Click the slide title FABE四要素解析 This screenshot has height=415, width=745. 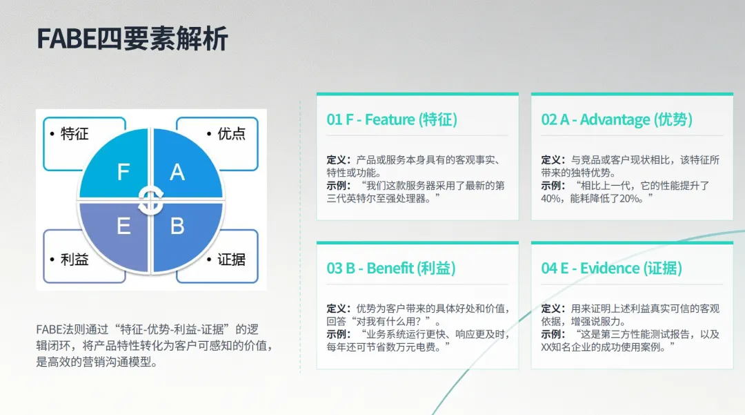(132, 39)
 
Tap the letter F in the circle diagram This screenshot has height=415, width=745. (123, 172)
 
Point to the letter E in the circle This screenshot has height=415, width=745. (123, 226)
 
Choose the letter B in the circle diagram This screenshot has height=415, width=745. (177, 226)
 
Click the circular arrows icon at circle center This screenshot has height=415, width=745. (150, 201)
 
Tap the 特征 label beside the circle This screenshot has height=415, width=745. (74, 134)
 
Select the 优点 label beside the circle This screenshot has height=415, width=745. (231, 134)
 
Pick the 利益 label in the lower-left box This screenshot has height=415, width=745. (74, 260)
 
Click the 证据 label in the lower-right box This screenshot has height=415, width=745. (231, 260)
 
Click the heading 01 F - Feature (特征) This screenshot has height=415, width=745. (392, 119)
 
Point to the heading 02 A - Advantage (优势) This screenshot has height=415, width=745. (617, 119)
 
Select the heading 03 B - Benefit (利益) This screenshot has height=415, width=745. (391, 268)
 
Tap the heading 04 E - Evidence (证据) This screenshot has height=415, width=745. (611, 268)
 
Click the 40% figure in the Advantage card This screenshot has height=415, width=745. (550, 199)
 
